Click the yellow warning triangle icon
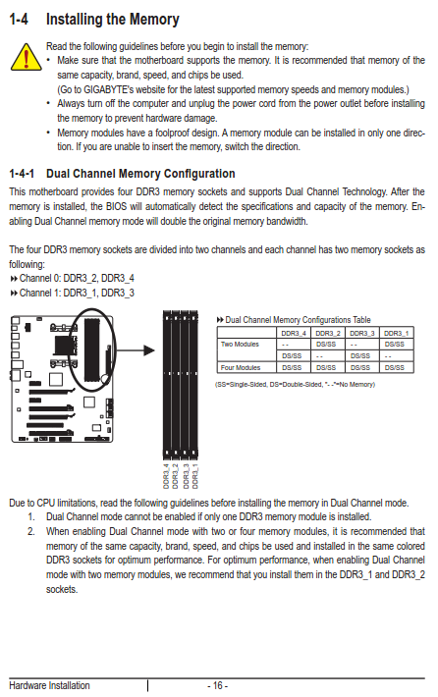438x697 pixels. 26,57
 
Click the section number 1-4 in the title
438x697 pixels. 19,19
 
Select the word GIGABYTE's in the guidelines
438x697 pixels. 108,89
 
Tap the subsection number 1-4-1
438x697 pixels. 22,174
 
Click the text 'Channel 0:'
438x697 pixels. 40,278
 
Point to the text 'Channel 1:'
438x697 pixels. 40,293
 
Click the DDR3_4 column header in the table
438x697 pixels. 294,333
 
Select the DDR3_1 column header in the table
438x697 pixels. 396,333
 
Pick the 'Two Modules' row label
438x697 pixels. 240,344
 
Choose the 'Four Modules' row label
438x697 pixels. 241,367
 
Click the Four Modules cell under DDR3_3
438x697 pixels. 360,367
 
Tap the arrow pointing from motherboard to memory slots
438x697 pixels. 135,350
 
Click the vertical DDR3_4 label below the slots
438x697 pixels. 166,476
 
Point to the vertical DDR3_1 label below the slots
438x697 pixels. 195,476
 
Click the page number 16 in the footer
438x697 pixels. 217,685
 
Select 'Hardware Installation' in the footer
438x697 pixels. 49,685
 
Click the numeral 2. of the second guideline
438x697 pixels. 31,532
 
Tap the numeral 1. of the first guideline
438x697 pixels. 31,517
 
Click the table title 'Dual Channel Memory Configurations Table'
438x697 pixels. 298,320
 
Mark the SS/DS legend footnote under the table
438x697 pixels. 295,384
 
